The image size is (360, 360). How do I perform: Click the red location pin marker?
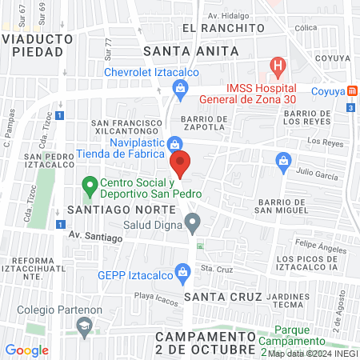pyautogui.click(x=181, y=163)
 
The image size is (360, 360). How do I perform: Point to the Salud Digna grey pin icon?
pyautogui.click(x=191, y=220)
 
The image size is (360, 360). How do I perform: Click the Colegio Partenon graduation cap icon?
pyautogui.click(x=84, y=326)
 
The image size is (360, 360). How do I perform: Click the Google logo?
pyautogui.click(x=26, y=350)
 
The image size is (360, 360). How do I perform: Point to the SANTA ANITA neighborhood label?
pyautogui.click(x=190, y=50)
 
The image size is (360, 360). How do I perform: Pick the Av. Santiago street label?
pyautogui.click(x=94, y=237)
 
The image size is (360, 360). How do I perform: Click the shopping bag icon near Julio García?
pyautogui.click(x=282, y=161)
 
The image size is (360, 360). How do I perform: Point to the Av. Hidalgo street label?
pyautogui.click(x=224, y=15)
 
